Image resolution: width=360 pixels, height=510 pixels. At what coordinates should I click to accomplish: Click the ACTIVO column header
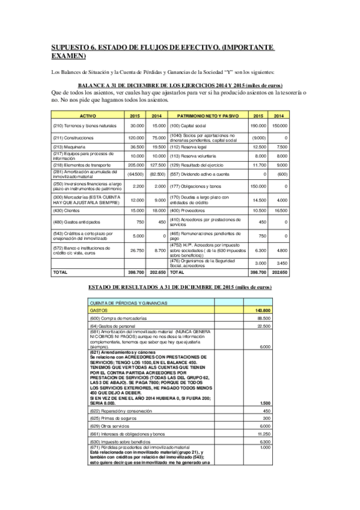(x=88, y=115)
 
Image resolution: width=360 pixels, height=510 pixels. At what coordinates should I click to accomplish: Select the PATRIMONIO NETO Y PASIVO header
(x=205, y=115)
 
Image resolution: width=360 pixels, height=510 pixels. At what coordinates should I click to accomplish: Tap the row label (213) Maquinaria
(x=72, y=146)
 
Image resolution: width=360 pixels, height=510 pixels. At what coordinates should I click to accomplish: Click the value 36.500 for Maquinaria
(x=136, y=146)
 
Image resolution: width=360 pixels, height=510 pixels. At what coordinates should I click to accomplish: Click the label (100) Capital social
(x=191, y=125)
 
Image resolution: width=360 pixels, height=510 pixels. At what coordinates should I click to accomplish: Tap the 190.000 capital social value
(x=258, y=125)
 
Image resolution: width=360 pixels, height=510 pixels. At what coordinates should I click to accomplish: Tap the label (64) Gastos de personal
(x=111, y=326)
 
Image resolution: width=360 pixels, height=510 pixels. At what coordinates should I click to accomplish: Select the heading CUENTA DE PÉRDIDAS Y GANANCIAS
(x=128, y=303)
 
